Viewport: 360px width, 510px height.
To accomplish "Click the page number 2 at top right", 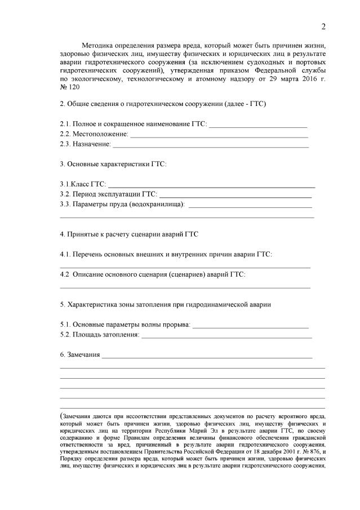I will (323, 26).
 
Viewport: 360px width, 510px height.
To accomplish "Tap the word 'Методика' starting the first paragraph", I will (99, 45).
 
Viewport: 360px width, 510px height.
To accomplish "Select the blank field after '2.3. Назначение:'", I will (211, 145).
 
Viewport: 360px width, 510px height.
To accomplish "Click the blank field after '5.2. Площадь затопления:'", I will (226, 336).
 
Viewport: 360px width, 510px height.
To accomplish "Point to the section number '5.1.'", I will (66, 325).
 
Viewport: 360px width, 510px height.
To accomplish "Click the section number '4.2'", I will (65, 274).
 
